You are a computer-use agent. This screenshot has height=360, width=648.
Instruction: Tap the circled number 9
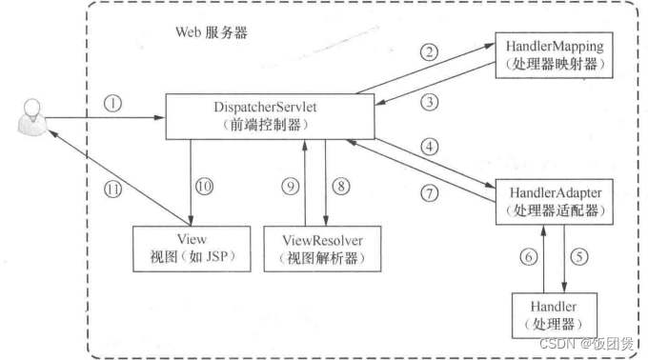289,188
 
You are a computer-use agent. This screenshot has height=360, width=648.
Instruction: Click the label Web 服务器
211,32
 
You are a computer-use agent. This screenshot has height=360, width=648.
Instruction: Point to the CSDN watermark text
588,342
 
